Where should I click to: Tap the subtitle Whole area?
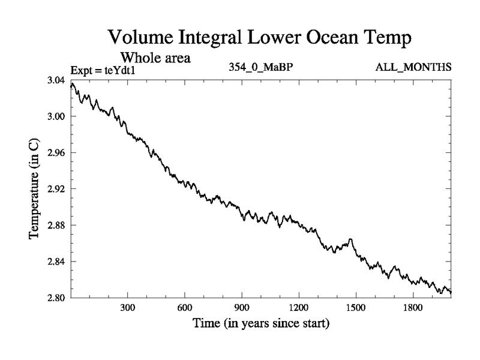(x=155, y=58)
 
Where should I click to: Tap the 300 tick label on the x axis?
(x=127, y=308)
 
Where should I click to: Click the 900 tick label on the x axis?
(x=242, y=308)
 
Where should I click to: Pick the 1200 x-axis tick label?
(x=299, y=308)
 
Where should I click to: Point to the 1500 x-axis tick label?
(x=356, y=308)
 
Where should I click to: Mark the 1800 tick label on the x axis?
(x=413, y=308)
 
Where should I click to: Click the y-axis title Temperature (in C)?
(x=35, y=189)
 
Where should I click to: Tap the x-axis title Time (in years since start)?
(x=261, y=325)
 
